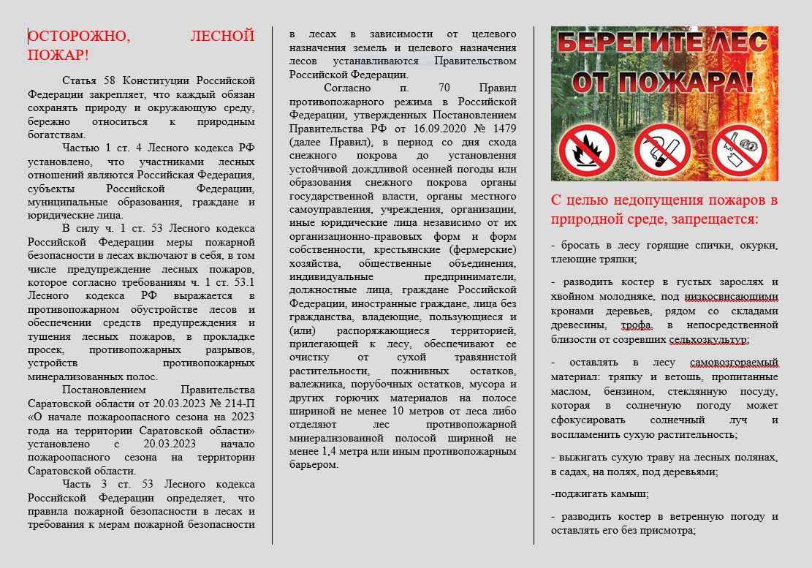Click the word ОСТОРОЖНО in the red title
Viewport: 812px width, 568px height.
(79, 36)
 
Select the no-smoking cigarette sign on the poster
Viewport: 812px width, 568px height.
(662, 151)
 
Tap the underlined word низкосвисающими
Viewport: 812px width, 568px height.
(731, 296)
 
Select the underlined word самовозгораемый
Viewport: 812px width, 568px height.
(734, 362)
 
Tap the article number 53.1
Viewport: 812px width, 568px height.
(244, 282)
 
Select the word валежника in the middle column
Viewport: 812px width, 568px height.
(316, 385)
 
